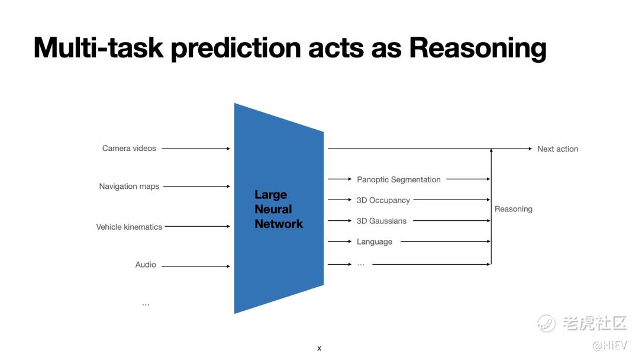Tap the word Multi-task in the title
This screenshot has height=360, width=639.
[98, 47]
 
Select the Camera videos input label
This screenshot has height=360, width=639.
[129, 149]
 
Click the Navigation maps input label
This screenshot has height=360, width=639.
[129, 187]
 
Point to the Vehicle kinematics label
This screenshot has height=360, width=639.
[129, 227]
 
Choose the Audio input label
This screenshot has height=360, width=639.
[146, 265]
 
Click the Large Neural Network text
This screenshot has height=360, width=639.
[279, 209]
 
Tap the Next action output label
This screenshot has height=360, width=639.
[557, 149]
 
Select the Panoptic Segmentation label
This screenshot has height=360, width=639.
[399, 179]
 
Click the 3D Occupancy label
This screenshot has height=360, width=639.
[383, 200]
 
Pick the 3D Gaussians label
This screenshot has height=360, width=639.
[382, 221]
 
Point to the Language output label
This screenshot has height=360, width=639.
[375, 242]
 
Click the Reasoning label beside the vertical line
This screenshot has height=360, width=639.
[514, 209]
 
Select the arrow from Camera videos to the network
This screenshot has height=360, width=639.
[196, 149]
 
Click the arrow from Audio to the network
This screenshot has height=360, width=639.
[196, 266]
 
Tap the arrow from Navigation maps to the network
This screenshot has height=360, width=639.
[197, 187]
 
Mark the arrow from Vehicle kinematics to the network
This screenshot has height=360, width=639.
[198, 226]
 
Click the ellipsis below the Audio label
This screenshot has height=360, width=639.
[146, 305]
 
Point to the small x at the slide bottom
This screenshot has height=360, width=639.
[319, 348]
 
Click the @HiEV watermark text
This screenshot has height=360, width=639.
[609, 345]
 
